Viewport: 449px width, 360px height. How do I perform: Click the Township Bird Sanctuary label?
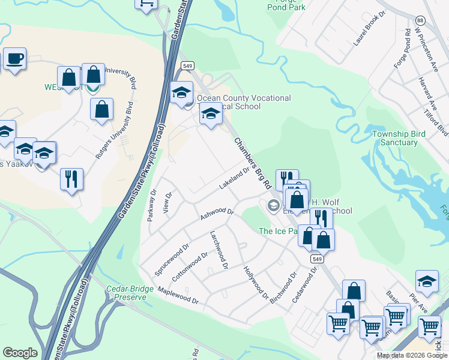[394, 138]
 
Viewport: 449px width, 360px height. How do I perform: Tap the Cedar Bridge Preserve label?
[127, 293]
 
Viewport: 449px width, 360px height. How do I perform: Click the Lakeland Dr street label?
[234, 178]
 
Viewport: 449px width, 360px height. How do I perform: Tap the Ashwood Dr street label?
[216, 212]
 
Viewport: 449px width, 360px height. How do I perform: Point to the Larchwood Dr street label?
[218, 250]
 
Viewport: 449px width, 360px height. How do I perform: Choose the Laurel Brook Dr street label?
[368, 31]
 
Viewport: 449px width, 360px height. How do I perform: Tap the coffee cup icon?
[15, 59]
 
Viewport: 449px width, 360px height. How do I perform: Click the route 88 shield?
[420, 20]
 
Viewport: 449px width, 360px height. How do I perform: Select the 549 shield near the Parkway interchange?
[187, 65]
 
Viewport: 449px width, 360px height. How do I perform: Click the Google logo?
[20, 353]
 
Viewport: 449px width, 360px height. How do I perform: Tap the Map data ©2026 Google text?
[412, 355]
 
